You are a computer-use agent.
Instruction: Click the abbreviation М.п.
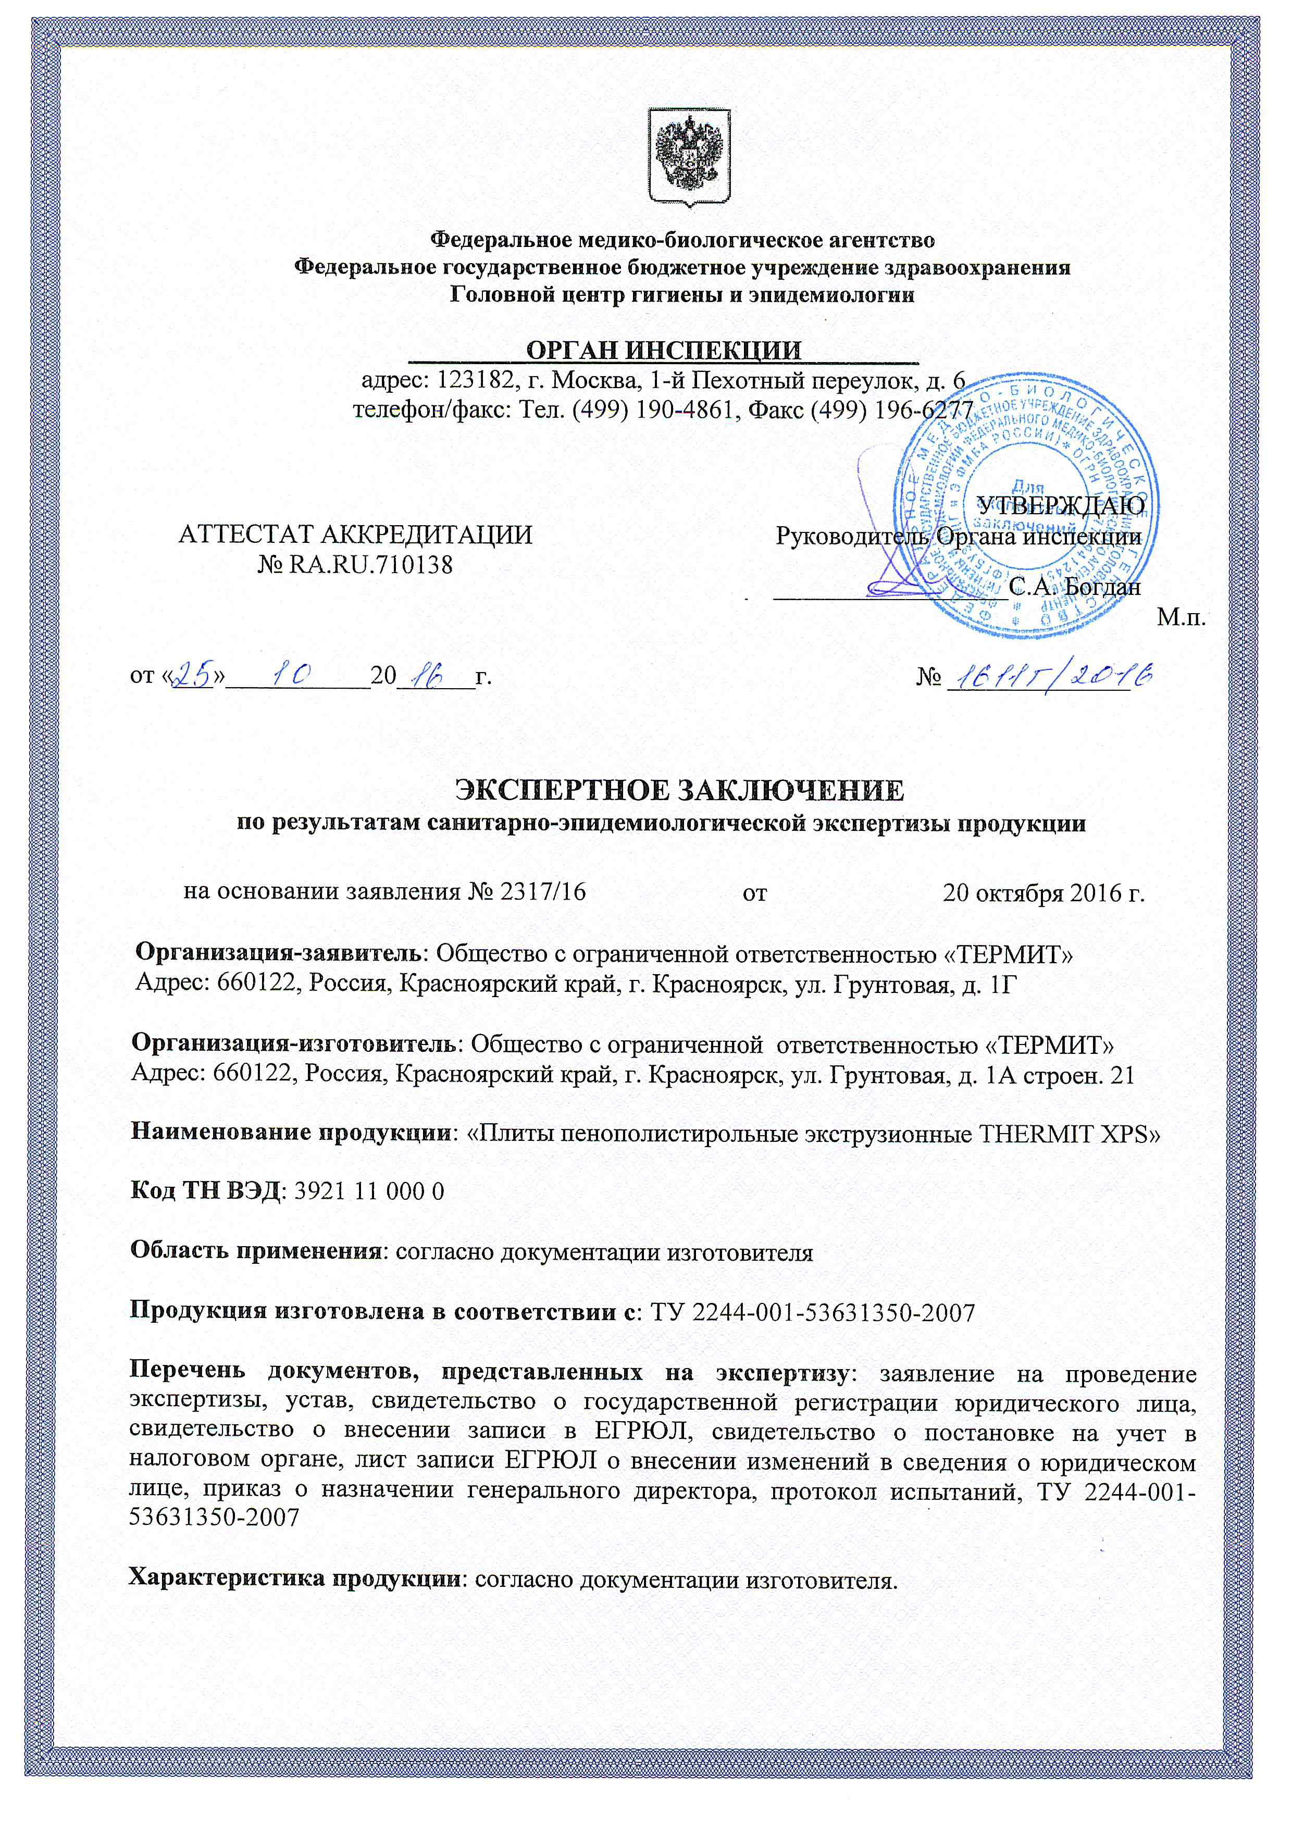pyautogui.click(x=1181, y=617)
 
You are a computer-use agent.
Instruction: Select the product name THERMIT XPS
pyautogui.click(x=1069, y=1133)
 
